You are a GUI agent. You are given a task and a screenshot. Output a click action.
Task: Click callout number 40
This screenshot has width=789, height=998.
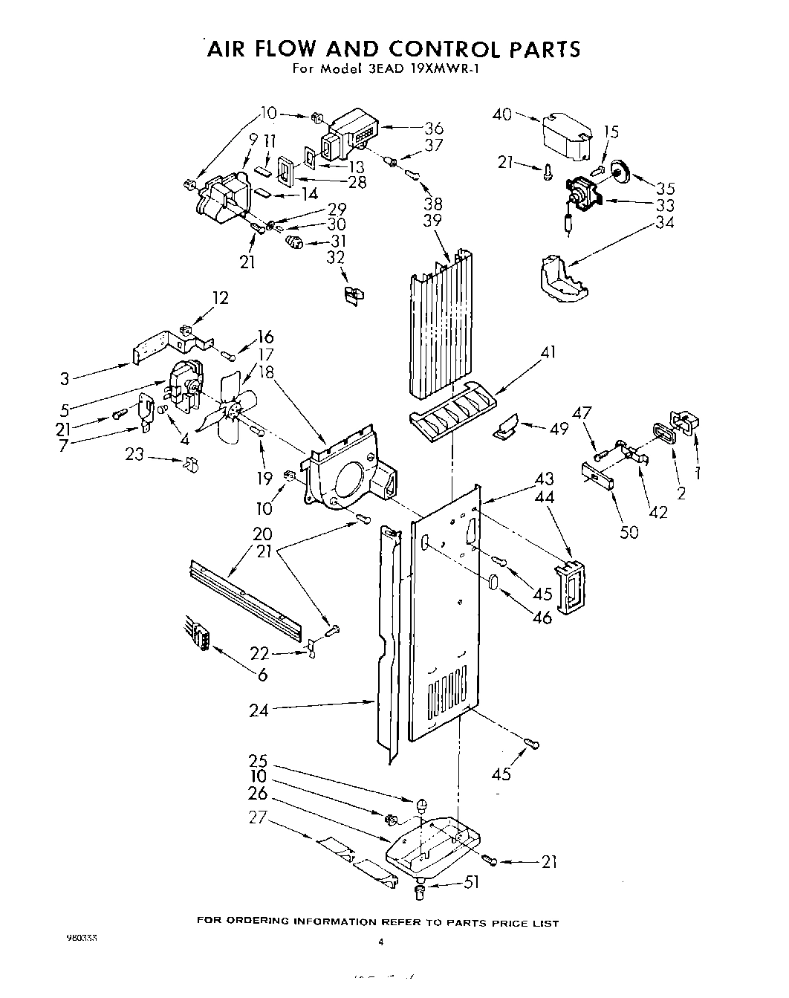pos(503,114)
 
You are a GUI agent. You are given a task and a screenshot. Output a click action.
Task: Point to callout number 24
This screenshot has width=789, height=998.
pos(259,710)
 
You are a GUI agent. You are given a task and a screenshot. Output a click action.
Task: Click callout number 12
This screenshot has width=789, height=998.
pos(221,297)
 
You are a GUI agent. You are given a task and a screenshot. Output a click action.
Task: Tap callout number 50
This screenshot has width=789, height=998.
pos(629,532)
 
